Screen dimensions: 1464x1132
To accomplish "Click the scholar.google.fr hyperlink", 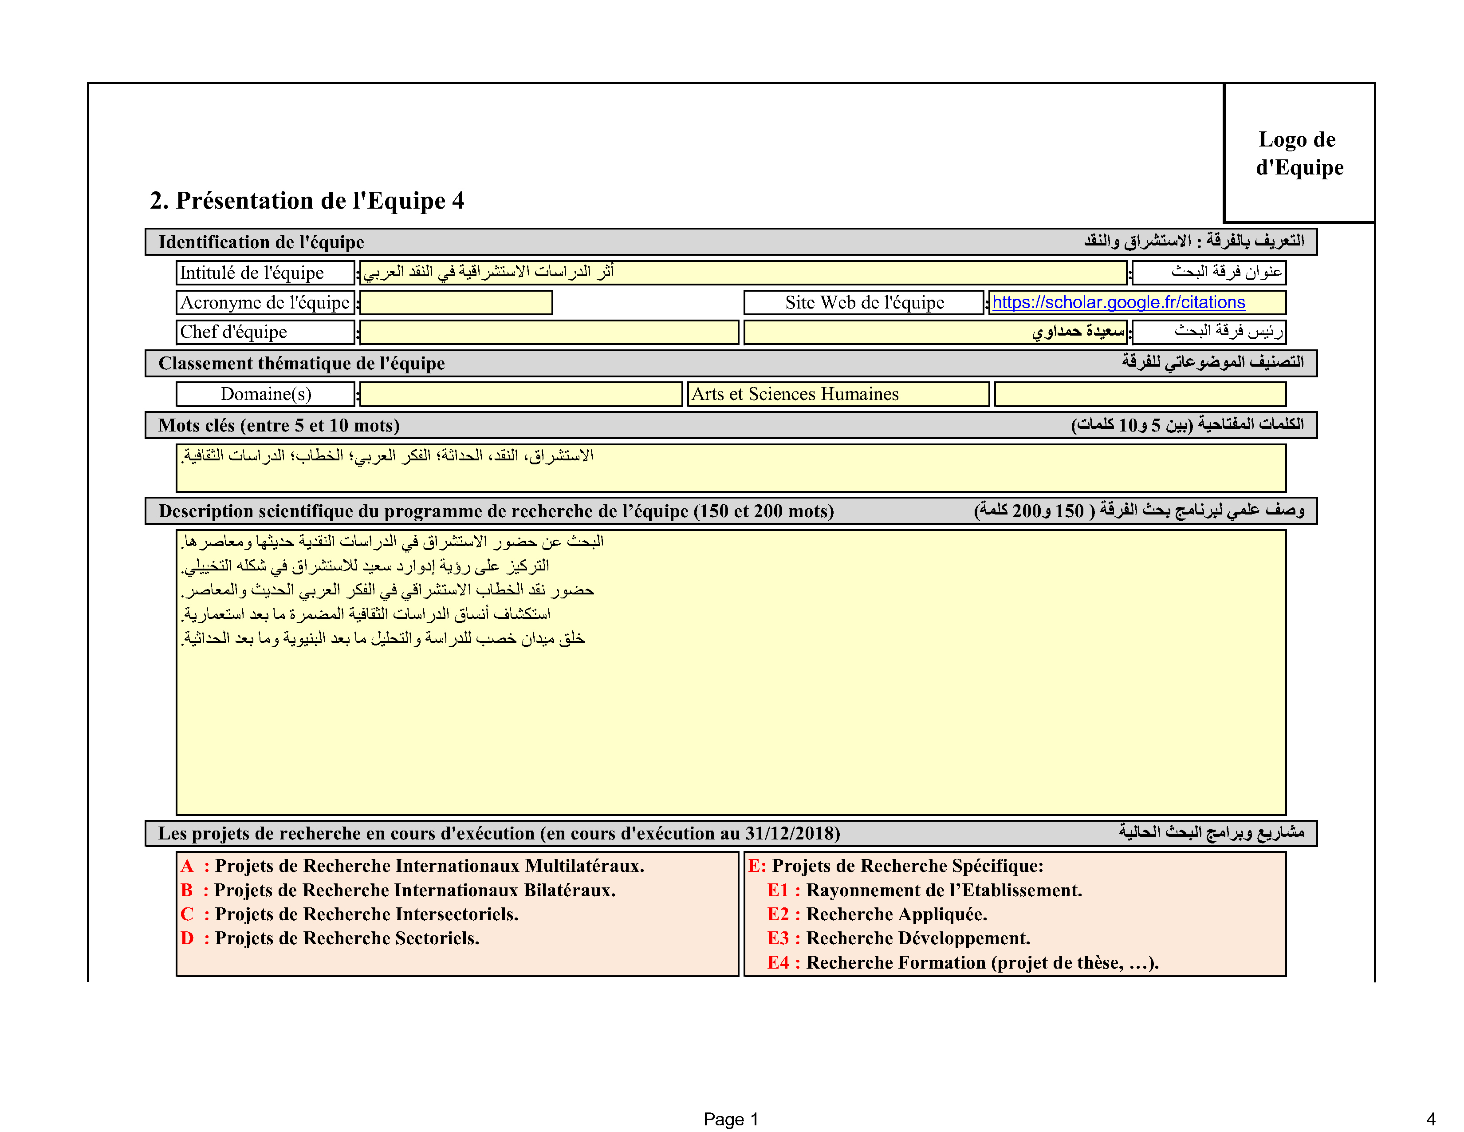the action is click(x=1118, y=302).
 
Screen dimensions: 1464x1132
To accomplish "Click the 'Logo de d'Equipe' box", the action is click(x=1299, y=153).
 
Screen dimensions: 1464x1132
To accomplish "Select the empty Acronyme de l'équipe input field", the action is click(x=456, y=302).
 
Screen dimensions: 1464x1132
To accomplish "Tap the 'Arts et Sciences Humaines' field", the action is click(x=838, y=394).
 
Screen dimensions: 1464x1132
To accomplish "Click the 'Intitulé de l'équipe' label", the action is click(x=252, y=273).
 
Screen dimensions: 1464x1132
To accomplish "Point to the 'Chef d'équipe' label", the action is click(x=233, y=332).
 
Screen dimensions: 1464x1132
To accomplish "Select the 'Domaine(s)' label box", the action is click(x=265, y=394).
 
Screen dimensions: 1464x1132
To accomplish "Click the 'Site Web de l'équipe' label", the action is click(x=865, y=302).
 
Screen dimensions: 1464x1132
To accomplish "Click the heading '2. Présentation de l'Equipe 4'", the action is click(x=307, y=201).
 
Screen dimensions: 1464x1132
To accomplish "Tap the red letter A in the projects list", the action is click(x=187, y=866).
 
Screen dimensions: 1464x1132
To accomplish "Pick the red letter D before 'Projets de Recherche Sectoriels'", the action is click(x=187, y=938).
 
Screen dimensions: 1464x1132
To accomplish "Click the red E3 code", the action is click(x=778, y=938).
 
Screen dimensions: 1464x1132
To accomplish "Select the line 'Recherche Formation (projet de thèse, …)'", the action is click(x=983, y=963).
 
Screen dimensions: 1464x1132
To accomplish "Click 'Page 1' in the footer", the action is click(x=731, y=1119).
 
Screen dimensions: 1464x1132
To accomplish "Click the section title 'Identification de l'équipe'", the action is click(x=261, y=242).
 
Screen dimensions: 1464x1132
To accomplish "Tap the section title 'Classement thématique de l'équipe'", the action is click(x=302, y=364).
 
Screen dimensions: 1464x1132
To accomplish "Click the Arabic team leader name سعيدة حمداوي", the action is click(x=1078, y=331).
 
